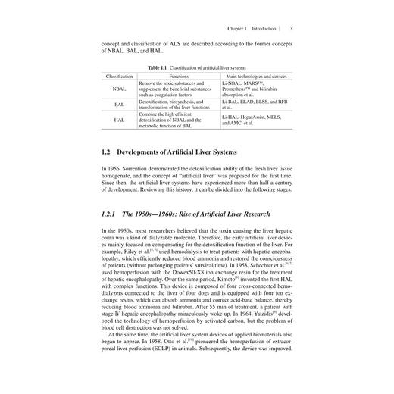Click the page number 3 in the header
pyautogui.click(x=292, y=29)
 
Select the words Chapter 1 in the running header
pyautogui.click(x=239, y=29)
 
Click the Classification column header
pyautogui.click(x=120, y=77)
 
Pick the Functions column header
pyautogui.click(x=179, y=77)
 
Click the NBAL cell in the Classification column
pyautogui.click(x=120, y=88)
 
